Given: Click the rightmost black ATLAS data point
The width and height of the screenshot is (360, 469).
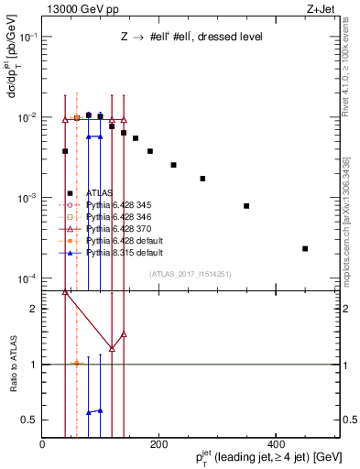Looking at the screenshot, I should click(x=305, y=248).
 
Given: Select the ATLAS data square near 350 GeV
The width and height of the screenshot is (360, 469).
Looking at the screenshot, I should click(x=246, y=206).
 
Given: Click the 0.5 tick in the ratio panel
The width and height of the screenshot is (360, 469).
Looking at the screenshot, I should click(x=42, y=420).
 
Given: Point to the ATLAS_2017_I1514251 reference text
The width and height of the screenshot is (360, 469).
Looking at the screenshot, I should click(x=190, y=273).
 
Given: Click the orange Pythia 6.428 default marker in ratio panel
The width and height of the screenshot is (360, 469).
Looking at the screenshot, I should click(x=77, y=364).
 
